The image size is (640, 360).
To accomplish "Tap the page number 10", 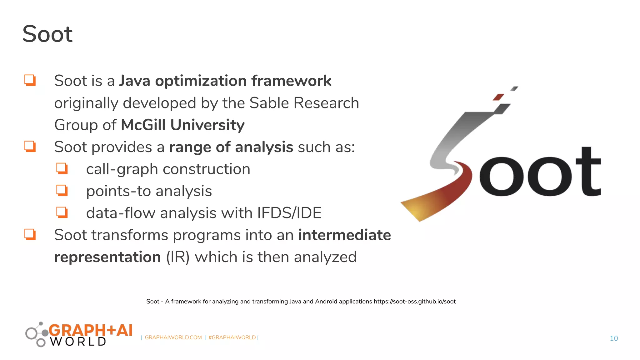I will pyautogui.click(x=614, y=338).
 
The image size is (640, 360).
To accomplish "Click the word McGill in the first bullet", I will pyautogui.click(x=143, y=125).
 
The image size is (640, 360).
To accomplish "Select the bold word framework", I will pyautogui.click(x=291, y=81).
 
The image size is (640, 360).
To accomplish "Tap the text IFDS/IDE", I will pyautogui.click(x=289, y=213).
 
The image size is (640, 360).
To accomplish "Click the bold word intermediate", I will pyautogui.click(x=344, y=235).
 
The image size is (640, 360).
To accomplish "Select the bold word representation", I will pyautogui.click(x=107, y=257).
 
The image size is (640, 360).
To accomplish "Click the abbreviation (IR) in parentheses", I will pyautogui.click(x=177, y=257).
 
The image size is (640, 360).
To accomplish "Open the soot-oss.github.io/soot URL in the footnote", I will pyautogui.click(x=414, y=302).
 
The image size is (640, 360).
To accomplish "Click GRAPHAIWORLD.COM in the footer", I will pyautogui.click(x=173, y=337).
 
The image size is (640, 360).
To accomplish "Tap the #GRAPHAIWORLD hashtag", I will pyautogui.click(x=232, y=337).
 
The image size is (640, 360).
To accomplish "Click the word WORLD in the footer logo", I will pyautogui.click(x=78, y=342).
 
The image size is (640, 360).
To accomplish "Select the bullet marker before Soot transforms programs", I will pyautogui.click(x=30, y=234).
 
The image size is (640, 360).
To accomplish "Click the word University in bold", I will pyautogui.click(x=207, y=125).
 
